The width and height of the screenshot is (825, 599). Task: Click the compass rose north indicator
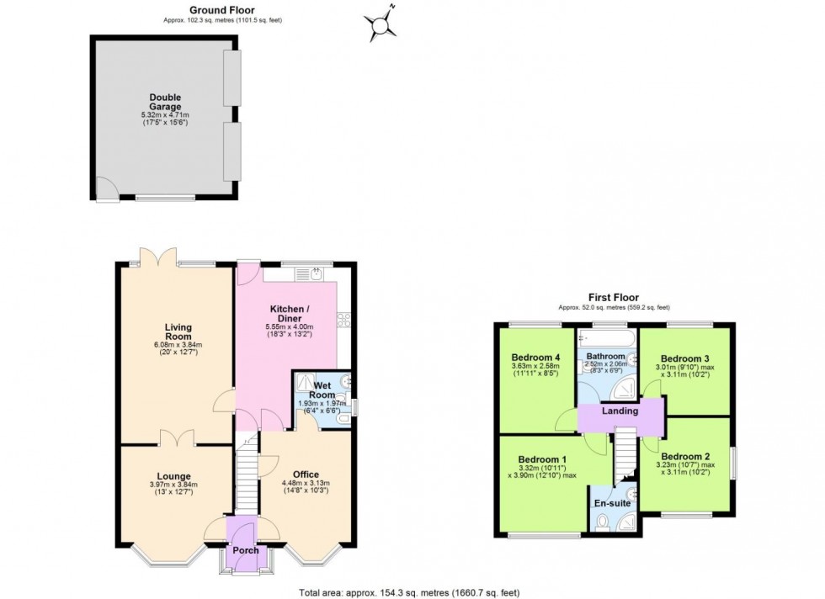click(x=384, y=24)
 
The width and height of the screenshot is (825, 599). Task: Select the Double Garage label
click(x=165, y=102)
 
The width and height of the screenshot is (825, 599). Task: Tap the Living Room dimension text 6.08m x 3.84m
click(x=178, y=345)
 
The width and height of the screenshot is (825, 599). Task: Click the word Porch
click(x=246, y=550)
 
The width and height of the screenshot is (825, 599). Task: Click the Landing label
click(x=620, y=411)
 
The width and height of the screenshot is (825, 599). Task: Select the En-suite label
click(x=612, y=503)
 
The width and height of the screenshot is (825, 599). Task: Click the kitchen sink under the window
click(x=315, y=273)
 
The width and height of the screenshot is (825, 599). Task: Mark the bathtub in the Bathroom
click(x=605, y=337)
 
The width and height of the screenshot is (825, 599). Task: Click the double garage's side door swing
click(x=106, y=190)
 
